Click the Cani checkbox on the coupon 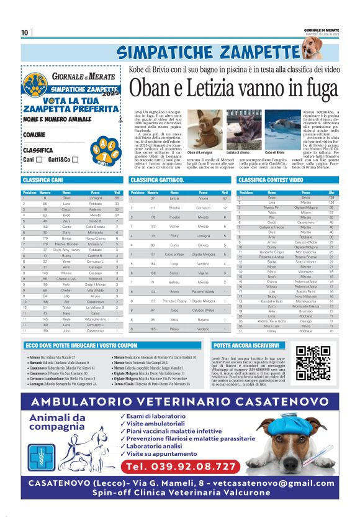pos(38,160)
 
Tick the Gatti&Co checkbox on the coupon pos(74,160)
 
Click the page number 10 pos(25,32)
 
